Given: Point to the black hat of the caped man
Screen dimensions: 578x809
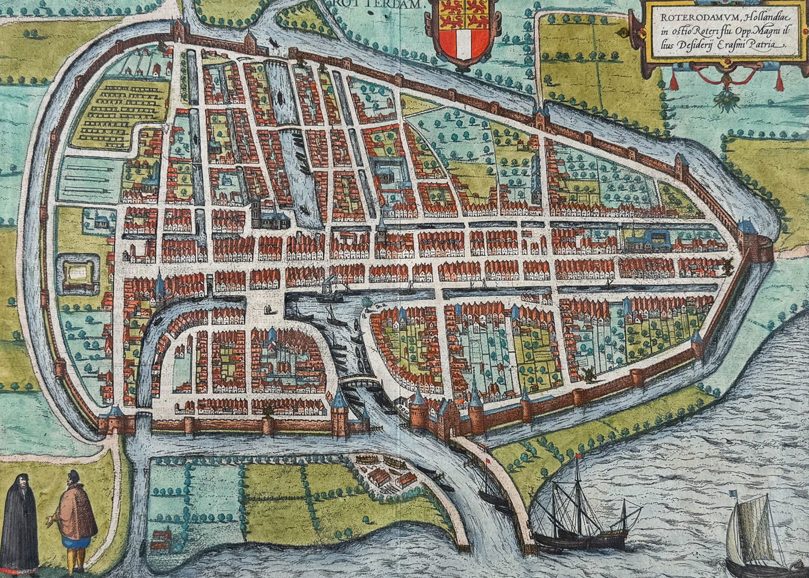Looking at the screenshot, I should point(74,476).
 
